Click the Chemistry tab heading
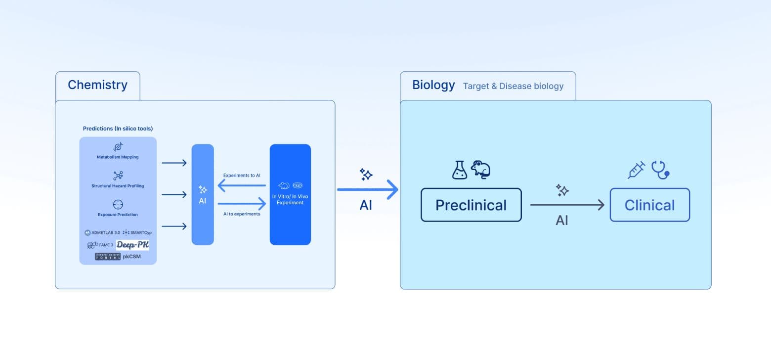[97, 85]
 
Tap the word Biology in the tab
[433, 85]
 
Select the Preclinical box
[471, 205]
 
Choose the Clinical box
[649, 205]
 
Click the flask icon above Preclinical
[459, 170]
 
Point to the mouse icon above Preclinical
[480, 169]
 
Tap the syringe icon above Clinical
[636, 170]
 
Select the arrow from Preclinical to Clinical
[567, 205]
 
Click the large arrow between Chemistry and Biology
[368, 189]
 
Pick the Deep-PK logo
[132, 245]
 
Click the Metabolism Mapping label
[118, 157]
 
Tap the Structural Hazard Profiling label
[118, 186]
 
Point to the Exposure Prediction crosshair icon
[118, 204]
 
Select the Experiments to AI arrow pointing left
[242, 186]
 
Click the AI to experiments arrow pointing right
[242, 203]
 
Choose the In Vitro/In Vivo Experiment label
[290, 199]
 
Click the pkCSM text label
[131, 257]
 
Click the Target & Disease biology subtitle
[513, 86]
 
